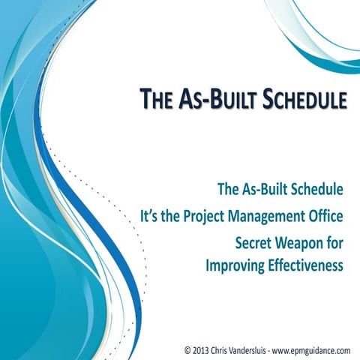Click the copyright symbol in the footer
187,349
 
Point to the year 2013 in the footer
202,349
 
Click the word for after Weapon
335,242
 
